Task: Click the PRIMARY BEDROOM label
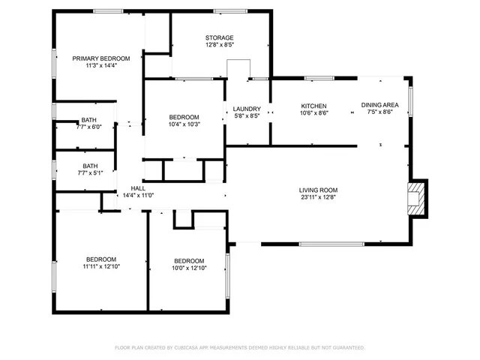[x=101, y=58]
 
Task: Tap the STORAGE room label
[x=220, y=37]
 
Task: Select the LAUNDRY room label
[x=247, y=109]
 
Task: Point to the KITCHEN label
[x=313, y=106]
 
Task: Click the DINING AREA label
[x=381, y=106]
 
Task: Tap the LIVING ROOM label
[x=319, y=190]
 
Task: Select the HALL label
[x=138, y=188]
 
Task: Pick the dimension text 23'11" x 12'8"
[x=319, y=198]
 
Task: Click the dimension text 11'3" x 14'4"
[x=101, y=66]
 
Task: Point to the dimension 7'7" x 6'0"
[x=89, y=127]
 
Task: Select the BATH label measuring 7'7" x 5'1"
[x=90, y=166]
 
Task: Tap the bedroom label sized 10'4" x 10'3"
[x=184, y=117]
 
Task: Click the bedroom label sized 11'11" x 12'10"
[x=101, y=259]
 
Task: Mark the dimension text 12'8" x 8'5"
[x=220, y=45]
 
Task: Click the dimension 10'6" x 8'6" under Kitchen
[x=313, y=113]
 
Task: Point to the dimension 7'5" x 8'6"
[x=381, y=113]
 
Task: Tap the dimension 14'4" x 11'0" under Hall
[x=138, y=196]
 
